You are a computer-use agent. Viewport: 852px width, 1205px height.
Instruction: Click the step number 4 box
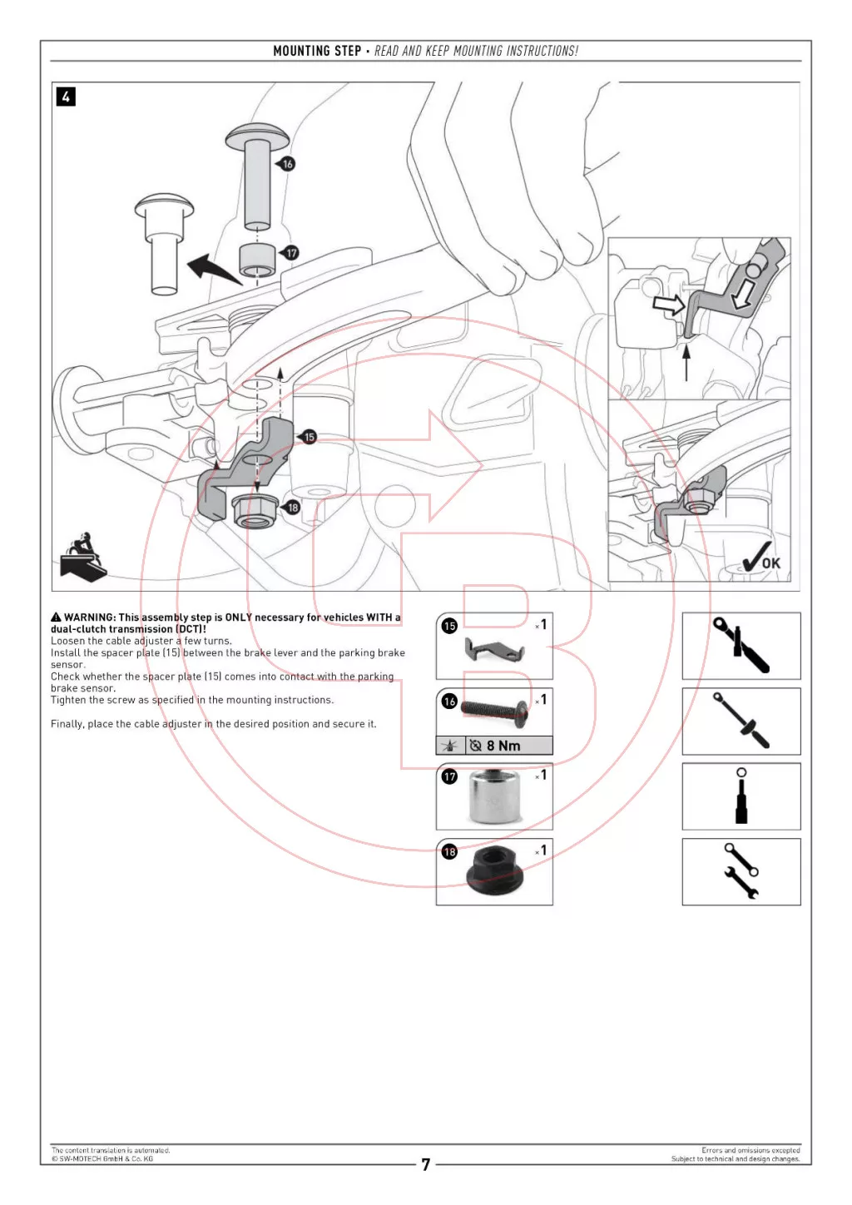pyautogui.click(x=66, y=97)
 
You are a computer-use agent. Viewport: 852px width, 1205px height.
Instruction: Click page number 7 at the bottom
pyautogui.click(x=426, y=1164)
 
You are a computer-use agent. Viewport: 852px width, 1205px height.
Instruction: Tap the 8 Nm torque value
pyautogui.click(x=503, y=746)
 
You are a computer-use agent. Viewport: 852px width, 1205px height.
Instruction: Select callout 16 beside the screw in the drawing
pyautogui.click(x=288, y=164)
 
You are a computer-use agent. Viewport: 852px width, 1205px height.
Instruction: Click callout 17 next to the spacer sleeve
pyautogui.click(x=290, y=252)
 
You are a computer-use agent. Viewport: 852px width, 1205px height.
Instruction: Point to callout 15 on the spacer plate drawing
pyautogui.click(x=310, y=437)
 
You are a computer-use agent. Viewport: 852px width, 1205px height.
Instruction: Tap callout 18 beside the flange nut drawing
pyautogui.click(x=293, y=507)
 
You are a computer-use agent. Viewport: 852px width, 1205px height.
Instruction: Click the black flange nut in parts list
pyautogui.click(x=494, y=874)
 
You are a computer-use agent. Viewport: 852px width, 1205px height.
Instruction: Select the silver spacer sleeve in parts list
pyautogui.click(x=494, y=797)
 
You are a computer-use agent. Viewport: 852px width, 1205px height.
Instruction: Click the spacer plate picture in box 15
pyautogui.click(x=493, y=651)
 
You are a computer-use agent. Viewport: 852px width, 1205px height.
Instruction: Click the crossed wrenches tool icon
pyautogui.click(x=741, y=871)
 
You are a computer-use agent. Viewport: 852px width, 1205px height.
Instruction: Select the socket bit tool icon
pyautogui.click(x=741, y=796)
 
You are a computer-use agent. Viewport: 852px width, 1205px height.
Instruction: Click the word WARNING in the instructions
pyautogui.click(x=90, y=617)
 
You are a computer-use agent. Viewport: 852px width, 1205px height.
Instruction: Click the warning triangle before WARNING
pyautogui.click(x=56, y=617)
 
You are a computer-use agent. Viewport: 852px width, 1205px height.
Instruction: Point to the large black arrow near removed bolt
pyautogui.click(x=211, y=270)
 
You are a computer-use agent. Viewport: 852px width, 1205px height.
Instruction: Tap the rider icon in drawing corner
pyautogui.click(x=82, y=556)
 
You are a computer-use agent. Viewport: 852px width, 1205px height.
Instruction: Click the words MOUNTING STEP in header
pyautogui.click(x=317, y=51)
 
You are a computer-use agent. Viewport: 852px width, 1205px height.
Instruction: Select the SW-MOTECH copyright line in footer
pyautogui.click(x=102, y=1158)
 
